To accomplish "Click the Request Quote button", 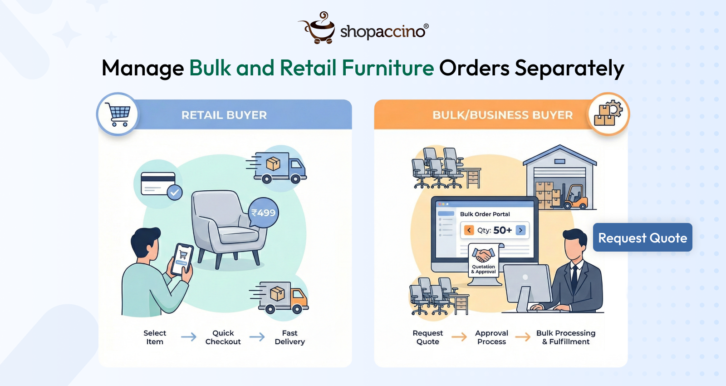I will (x=642, y=238).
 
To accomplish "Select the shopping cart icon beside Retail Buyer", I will (x=118, y=114).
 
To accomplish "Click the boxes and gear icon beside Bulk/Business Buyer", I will (x=608, y=114).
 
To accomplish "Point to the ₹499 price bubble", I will (x=264, y=213).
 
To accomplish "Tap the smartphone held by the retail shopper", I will (x=182, y=259).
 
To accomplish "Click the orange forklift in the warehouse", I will (x=576, y=197).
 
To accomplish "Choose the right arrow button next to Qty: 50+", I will (x=521, y=230).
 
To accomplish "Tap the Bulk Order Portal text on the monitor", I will (x=485, y=214).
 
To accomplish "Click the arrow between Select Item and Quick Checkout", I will (x=189, y=337).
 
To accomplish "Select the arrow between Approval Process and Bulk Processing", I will (x=523, y=337).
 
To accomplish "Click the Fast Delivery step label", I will (x=289, y=337).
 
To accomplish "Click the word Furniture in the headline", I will (x=388, y=68).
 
